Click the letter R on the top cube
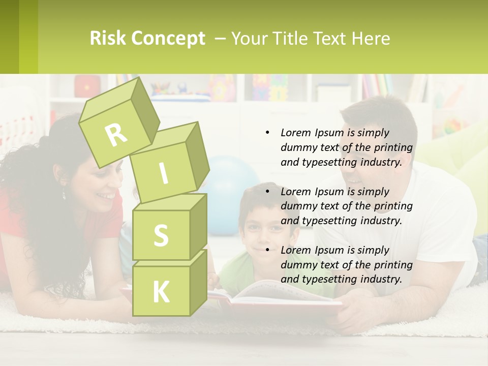tap(116, 134)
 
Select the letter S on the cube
tap(161, 235)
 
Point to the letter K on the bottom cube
tap(161, 292)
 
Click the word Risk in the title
tap(107, 39)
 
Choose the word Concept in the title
tap(167, 39)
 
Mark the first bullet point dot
tap(267, 133)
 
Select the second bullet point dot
tap(267, 192)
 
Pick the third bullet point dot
tap(267, 250)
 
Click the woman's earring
tap(64, 194)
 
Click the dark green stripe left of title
tap(9, 37)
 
